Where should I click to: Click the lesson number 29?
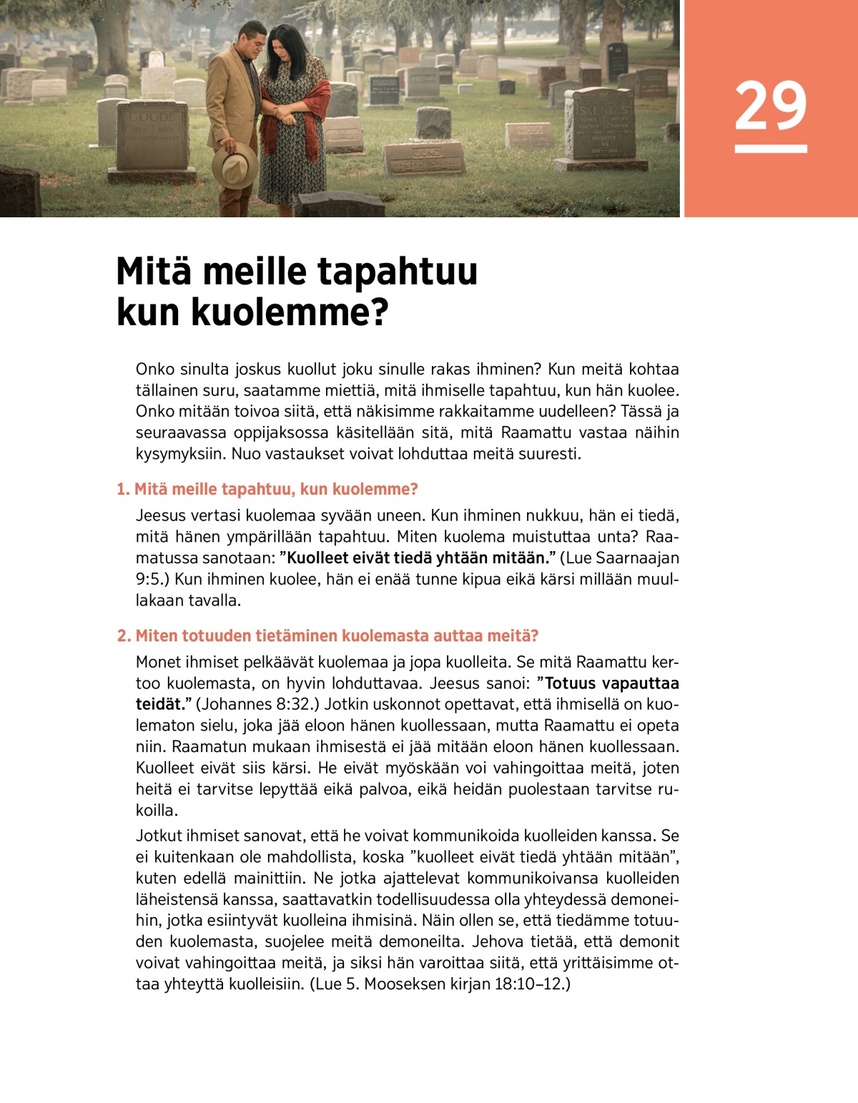(x=770, y=105)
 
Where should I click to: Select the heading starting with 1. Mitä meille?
(x=267, y=489)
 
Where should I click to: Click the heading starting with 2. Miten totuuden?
(x=327, y=635)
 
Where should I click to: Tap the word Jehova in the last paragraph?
(x=497, y=941)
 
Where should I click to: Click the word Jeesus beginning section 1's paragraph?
(x=161, y=515)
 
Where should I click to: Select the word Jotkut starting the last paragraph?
(x=159, y=836)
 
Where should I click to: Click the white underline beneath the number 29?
(x=770, y=149)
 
